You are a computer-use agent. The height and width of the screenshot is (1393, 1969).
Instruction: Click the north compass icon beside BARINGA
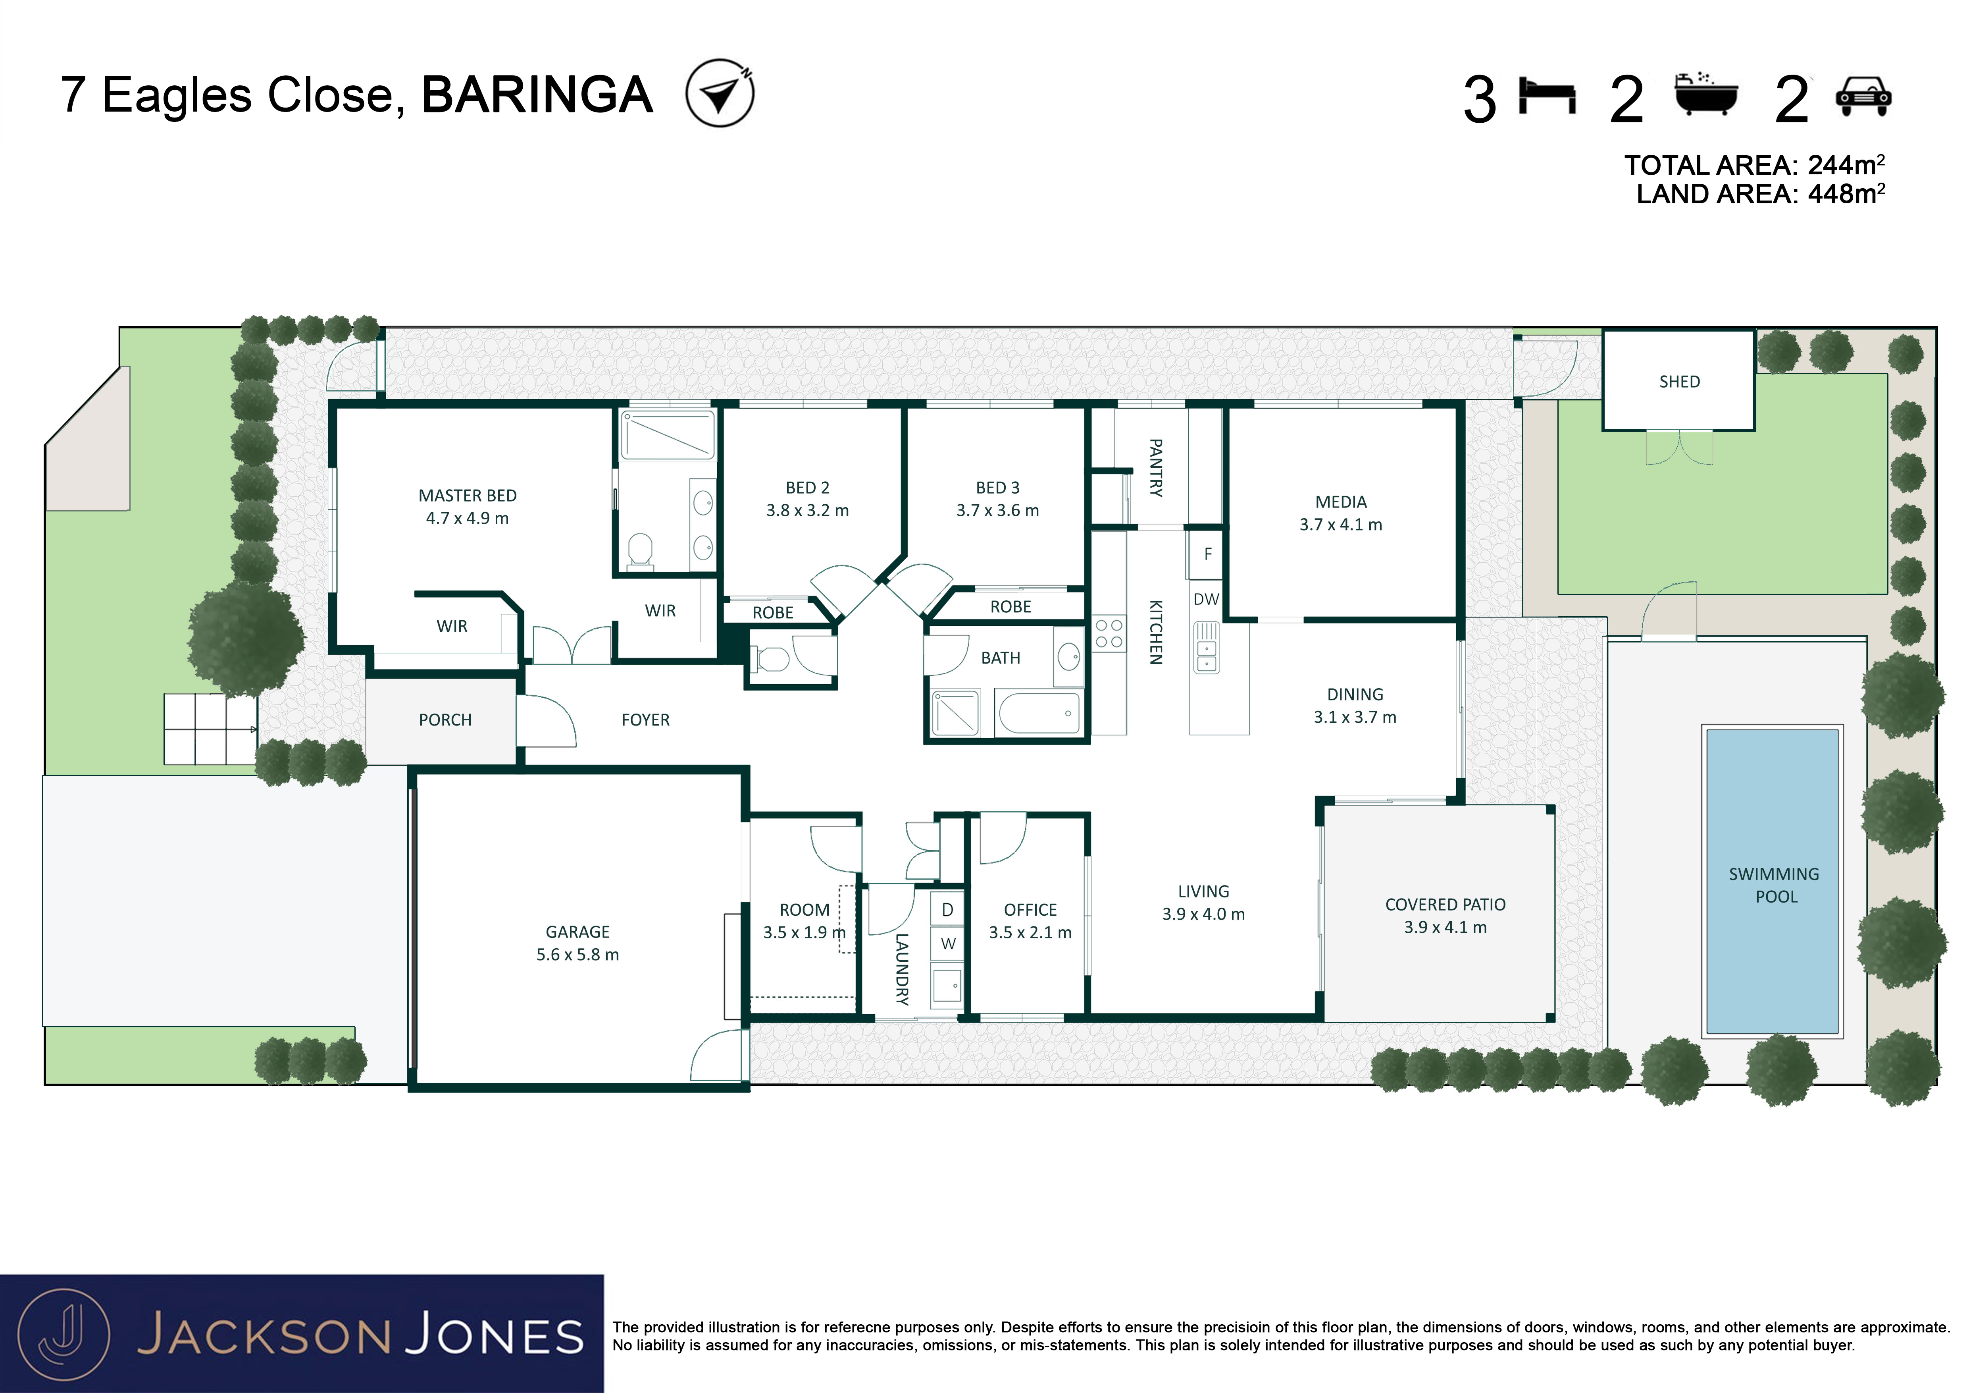click(x=720, y=93)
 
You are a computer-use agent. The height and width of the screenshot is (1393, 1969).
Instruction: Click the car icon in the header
click(x=1863, y=96)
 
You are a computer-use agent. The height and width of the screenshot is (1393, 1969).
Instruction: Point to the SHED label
click(x=1679, y=382)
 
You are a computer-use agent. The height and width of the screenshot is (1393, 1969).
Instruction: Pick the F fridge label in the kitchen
click(x=1207, y=554)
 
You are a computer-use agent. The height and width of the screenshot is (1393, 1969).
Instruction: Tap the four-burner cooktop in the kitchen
click(x=1109, y=633)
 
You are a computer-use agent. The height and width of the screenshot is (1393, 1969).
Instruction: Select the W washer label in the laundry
click(x=948, y=943)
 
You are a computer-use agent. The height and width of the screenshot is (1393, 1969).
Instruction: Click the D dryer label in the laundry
click(x=948, y=909)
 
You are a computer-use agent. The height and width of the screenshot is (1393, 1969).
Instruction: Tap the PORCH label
click(x=445, y=720)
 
